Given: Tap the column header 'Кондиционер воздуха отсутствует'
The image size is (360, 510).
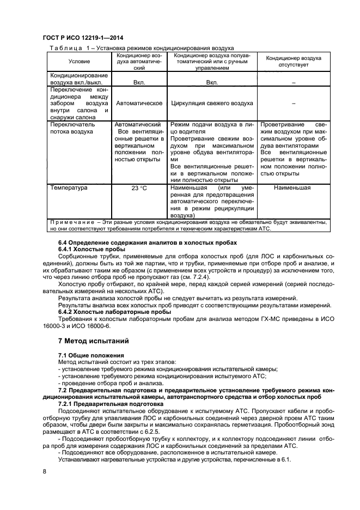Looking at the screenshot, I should [293, 61].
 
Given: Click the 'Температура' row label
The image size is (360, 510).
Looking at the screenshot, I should [69, 188].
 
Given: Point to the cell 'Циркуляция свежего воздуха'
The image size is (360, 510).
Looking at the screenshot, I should [212, 103].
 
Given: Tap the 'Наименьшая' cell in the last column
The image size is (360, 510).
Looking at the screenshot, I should [293, 188].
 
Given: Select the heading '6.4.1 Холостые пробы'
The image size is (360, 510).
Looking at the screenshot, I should [89, 249].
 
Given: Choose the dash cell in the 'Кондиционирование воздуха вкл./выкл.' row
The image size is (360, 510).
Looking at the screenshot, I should [293, 82].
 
